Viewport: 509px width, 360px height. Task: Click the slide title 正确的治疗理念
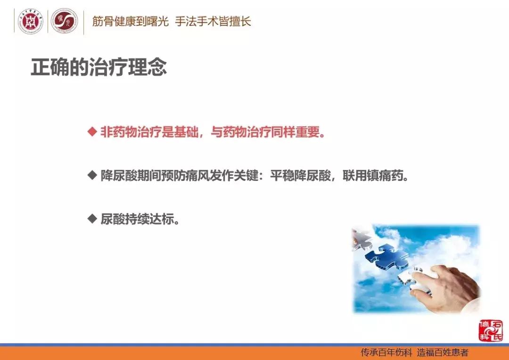point(99,67)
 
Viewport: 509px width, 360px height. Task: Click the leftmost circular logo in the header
point(31,22)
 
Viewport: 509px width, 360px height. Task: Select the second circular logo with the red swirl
point(64,22)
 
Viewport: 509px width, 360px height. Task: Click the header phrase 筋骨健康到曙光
point(130,22)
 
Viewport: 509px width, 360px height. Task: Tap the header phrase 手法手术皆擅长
point(213,22)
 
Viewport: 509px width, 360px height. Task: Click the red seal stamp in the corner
point(490,330)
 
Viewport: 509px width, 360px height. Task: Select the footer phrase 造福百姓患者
point(443,352)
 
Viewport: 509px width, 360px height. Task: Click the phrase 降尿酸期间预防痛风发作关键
point(180,176)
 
